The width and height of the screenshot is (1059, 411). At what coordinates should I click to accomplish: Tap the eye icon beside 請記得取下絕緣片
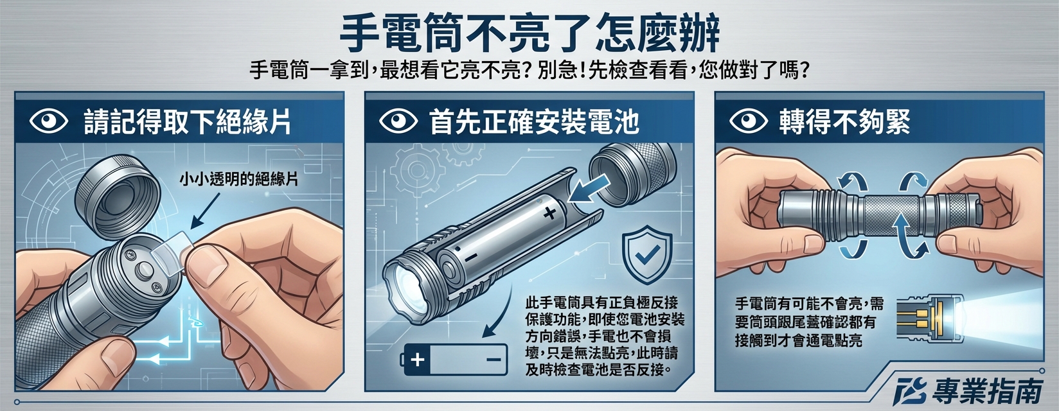49,121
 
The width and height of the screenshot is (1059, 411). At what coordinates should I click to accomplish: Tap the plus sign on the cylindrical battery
548,214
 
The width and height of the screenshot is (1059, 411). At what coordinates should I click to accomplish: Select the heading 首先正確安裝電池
534,121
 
